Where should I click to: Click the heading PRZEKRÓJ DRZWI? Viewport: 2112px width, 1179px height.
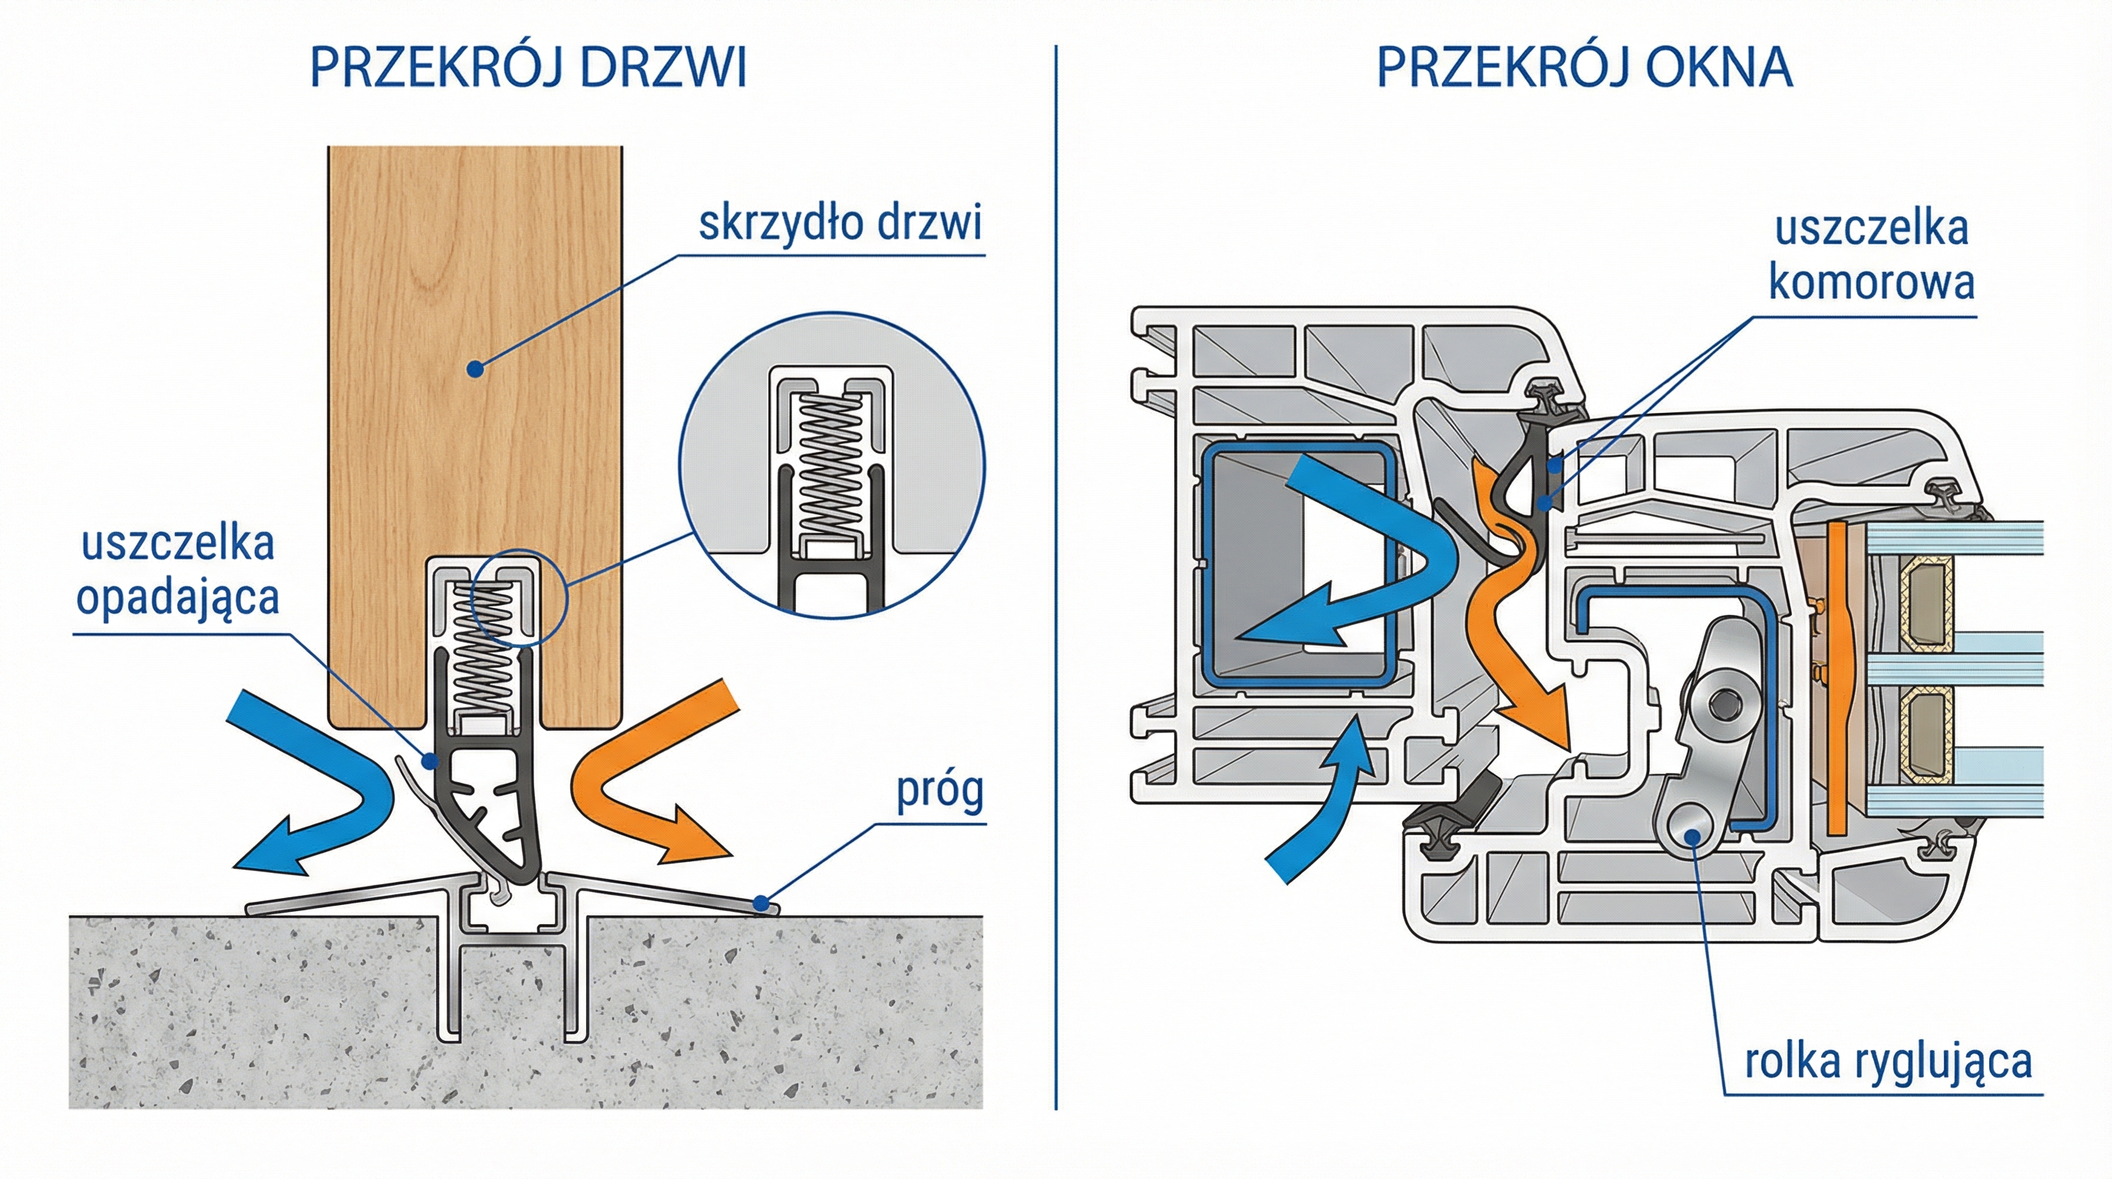click(529, 68)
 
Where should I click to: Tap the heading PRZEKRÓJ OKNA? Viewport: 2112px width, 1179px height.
click(1584, 68)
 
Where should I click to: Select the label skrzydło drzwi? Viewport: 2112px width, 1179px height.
click(840, 223)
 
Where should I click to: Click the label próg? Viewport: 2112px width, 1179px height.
click(939, 791)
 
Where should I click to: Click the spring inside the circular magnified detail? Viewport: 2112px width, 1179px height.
click(832, 467)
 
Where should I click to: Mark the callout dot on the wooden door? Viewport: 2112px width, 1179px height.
click(475, 370)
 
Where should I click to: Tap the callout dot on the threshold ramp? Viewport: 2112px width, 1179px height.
click(761, 904)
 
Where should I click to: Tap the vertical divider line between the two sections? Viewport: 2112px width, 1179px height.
click(1056, 574)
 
